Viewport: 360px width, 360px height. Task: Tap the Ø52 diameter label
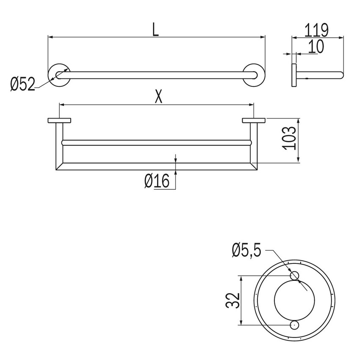click(x=22, y=85)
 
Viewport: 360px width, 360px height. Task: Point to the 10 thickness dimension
click(x=316, y=47)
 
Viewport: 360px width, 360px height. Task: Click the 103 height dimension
click(x=289, y=138)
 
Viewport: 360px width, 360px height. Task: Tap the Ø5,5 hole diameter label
click(x=247, y=251)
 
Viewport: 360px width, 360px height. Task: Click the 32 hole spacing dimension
click(x=233, y=300)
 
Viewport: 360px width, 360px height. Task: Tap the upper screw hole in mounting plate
click(x=294, y=276)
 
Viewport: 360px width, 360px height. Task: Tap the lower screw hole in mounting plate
click(x=294, y=325)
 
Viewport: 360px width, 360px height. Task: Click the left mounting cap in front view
click(x=60, y=121)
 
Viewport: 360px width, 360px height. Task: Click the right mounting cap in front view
click(x=254, y=121)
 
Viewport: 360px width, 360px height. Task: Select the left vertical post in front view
click(x=59, y=144)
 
